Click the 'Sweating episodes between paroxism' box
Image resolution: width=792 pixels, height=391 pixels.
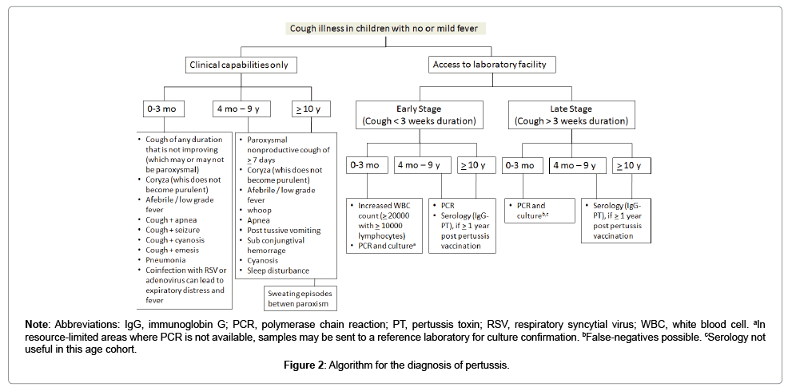coord(300,298)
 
